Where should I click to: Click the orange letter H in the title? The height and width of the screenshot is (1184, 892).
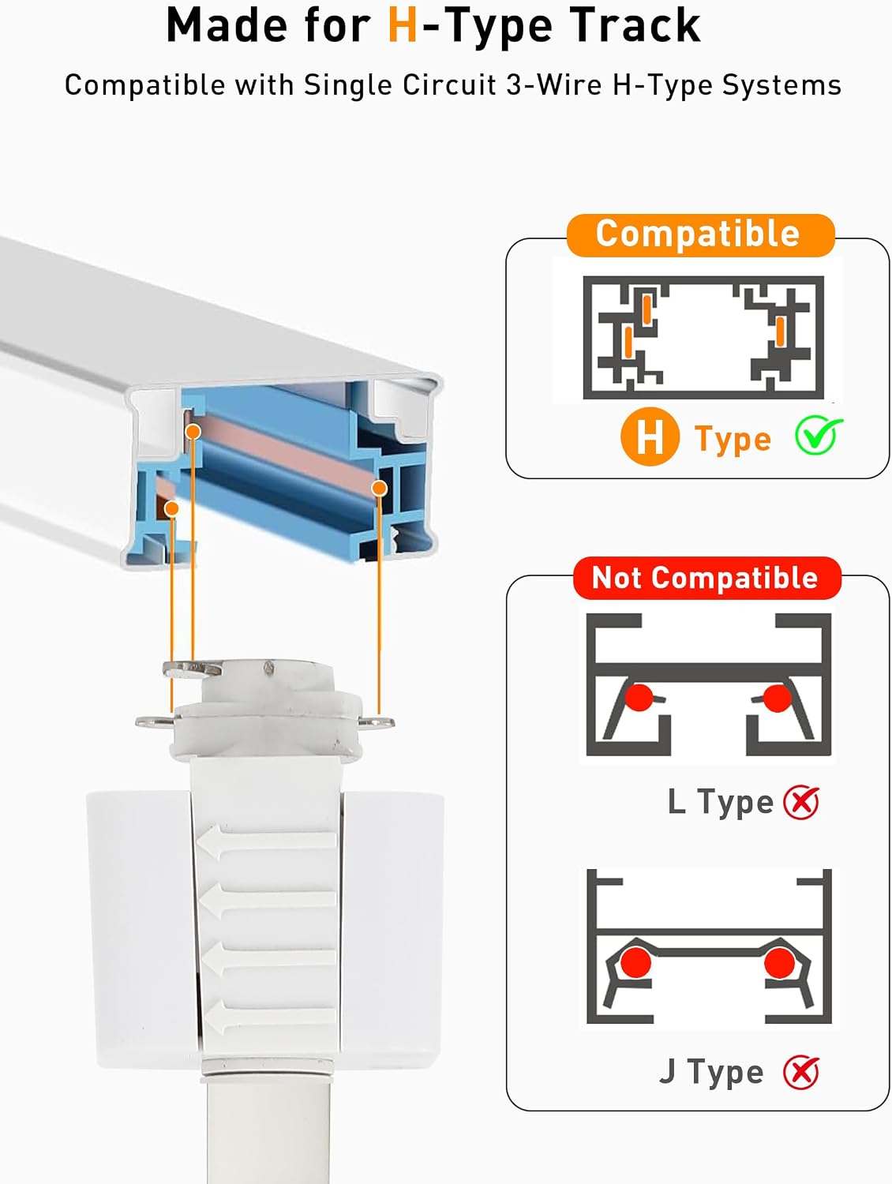(403, 25)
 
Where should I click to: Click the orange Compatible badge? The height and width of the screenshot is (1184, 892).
(700, 234)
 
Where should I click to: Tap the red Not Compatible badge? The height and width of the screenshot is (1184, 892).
(706, 578)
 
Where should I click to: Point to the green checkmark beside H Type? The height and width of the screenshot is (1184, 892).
(818, 435)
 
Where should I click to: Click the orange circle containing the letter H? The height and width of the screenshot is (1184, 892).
(650, 437)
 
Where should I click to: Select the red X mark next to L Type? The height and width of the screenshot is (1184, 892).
(801, 802)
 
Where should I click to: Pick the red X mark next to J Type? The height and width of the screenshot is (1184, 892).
(801, 1073)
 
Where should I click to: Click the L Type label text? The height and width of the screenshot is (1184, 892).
(720, 801)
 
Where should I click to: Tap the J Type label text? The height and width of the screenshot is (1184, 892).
(711, 1072)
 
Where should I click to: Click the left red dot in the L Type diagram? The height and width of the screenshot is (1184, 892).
(639, 698)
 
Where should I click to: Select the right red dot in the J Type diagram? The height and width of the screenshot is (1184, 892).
(779, 964)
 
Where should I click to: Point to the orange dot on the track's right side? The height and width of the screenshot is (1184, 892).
(379, 488)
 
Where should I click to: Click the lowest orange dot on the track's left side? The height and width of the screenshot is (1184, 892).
(171, 508)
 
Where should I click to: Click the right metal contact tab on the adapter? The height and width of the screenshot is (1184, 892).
(376, 721)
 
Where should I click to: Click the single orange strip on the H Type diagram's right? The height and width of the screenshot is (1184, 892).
(780, 332)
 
